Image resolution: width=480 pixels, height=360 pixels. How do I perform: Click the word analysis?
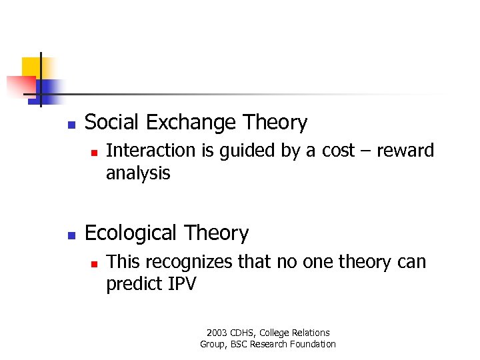[138, 173]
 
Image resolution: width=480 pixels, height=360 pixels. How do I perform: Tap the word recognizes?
[193, 262]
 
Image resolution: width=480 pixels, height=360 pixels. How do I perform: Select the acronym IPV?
[181, 285]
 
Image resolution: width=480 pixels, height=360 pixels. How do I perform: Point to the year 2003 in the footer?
[217, 333]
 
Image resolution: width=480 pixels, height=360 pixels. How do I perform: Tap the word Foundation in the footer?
[313, 344]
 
